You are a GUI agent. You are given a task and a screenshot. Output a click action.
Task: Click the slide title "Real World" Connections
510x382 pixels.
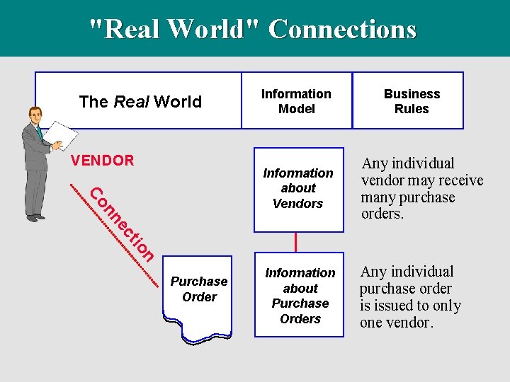pos(254,29)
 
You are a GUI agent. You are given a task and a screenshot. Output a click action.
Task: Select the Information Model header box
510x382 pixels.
pos(296,101)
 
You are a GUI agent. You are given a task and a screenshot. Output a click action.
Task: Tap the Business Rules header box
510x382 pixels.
pos(412,101)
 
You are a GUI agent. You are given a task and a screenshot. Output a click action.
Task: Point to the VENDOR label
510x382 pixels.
pos(103,161)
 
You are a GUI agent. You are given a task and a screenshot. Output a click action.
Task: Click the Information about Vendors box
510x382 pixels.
pos(297,188)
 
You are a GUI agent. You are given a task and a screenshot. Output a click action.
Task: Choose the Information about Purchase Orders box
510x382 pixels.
pos(300,295)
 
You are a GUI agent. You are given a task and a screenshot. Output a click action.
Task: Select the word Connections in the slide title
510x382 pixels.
pos(342,29)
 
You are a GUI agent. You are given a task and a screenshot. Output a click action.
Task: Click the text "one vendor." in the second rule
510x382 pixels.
pos(396,323)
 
